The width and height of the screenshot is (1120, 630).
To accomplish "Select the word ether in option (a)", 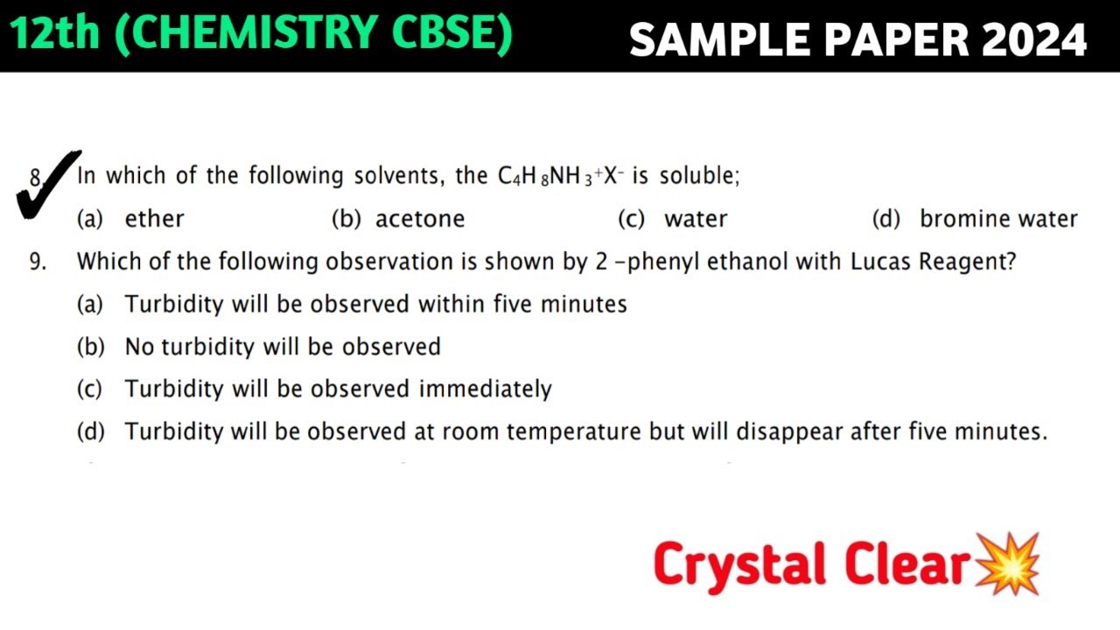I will pos(154,219).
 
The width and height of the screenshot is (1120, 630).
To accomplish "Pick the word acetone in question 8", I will pos(420,219).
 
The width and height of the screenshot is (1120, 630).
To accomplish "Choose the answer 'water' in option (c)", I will pos(696,219).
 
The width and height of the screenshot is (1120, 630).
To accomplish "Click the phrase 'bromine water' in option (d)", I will pos(998,219).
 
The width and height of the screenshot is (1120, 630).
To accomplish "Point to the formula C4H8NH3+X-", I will pos(561,176).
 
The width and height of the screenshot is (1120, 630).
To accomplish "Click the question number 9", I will pos(38,262).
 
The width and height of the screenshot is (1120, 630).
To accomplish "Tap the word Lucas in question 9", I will pos(880,262).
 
